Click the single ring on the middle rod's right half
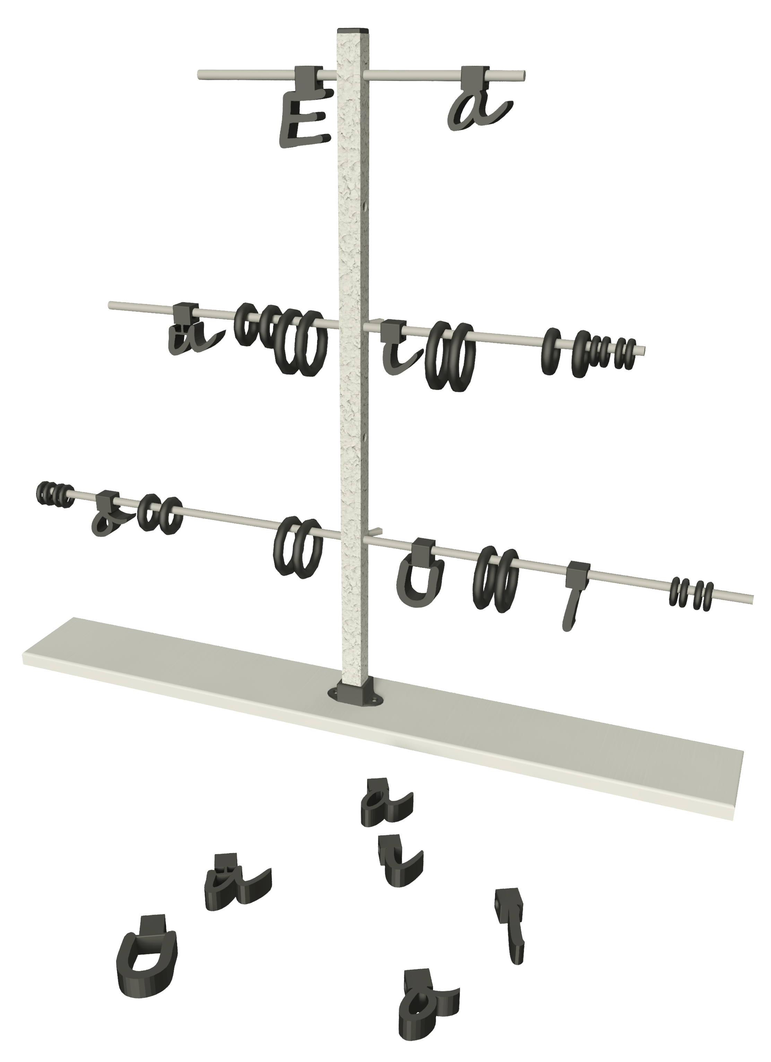551,351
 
